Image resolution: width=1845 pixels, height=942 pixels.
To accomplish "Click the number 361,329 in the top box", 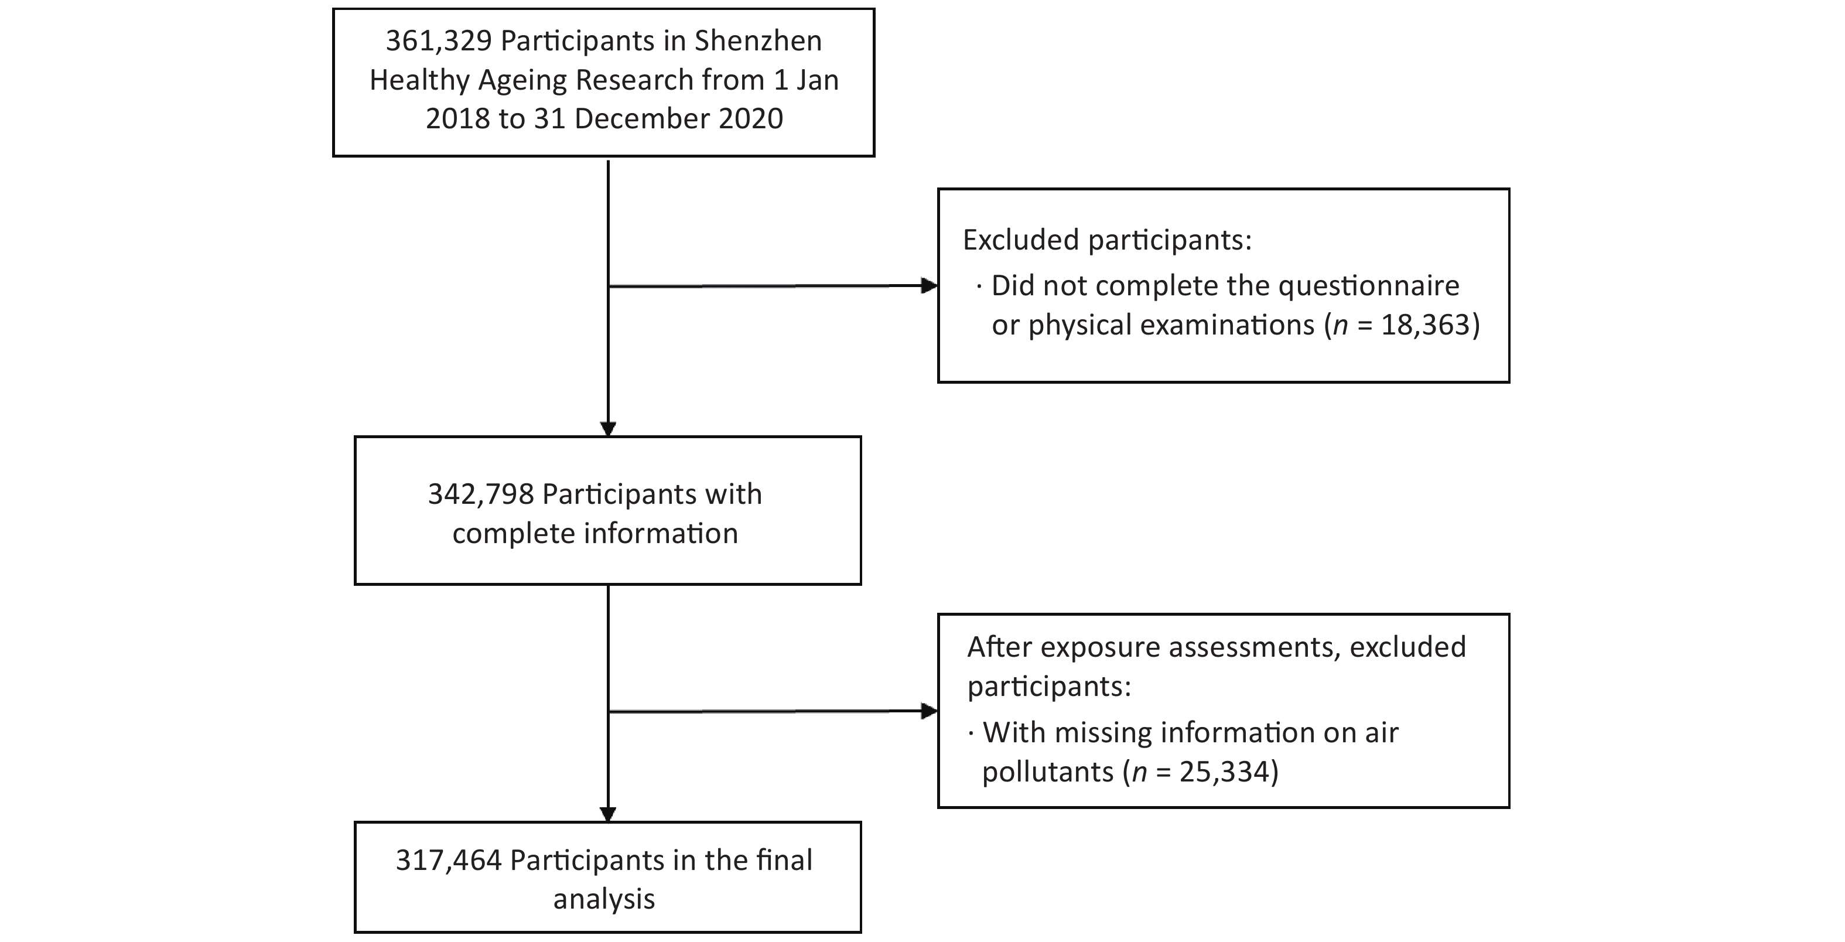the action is tap(438, 42).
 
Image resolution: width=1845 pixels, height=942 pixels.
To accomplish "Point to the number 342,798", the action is tap(481, 494).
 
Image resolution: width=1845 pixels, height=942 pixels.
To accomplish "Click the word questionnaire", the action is tap(1369, 286).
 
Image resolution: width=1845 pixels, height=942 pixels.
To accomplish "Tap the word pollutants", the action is tap(1048, 772).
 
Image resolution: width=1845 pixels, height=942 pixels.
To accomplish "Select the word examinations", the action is tap(1228, 325).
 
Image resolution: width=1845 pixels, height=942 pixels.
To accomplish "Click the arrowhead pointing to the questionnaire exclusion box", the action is tap(929, 286).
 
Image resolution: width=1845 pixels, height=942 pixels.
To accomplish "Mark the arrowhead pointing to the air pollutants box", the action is tap(929, 711).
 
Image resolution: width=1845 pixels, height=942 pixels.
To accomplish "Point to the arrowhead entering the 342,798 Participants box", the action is tap(608, 428).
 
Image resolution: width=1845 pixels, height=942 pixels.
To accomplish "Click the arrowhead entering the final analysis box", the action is tap(608, 814).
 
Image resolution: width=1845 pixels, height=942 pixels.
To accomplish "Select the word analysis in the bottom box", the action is tap(604, 900).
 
